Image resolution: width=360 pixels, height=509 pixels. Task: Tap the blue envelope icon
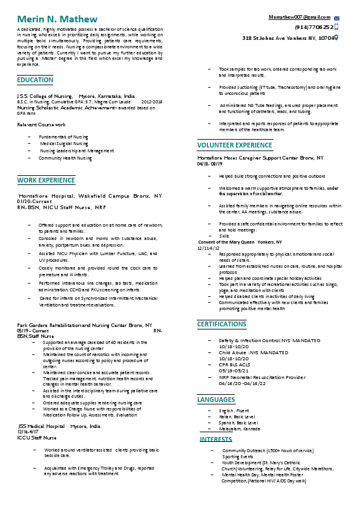[x=337, y=19]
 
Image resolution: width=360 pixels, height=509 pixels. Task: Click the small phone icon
[x=337, y=28]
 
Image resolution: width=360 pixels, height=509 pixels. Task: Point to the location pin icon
[x=336, y=37]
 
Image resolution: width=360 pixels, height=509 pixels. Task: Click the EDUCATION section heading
[x=35, y=80]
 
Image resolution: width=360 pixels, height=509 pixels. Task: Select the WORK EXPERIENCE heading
[x=46, y=180]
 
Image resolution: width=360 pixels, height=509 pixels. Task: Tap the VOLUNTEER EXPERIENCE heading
[x=235, y=145]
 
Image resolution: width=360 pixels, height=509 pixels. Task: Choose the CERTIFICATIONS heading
[x=222, y=325]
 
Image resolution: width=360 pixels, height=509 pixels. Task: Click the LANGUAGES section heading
[x=216, y=400]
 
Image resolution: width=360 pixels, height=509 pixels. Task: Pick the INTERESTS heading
[x=216, y=439]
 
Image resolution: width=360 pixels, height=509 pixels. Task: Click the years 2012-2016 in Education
[x=152, y=102]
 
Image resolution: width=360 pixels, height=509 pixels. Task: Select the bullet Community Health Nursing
[x=65, y=158]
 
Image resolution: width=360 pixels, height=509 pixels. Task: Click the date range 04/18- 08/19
[x=210, y=164]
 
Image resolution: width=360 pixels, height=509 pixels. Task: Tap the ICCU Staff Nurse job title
[x=37, y=437]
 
